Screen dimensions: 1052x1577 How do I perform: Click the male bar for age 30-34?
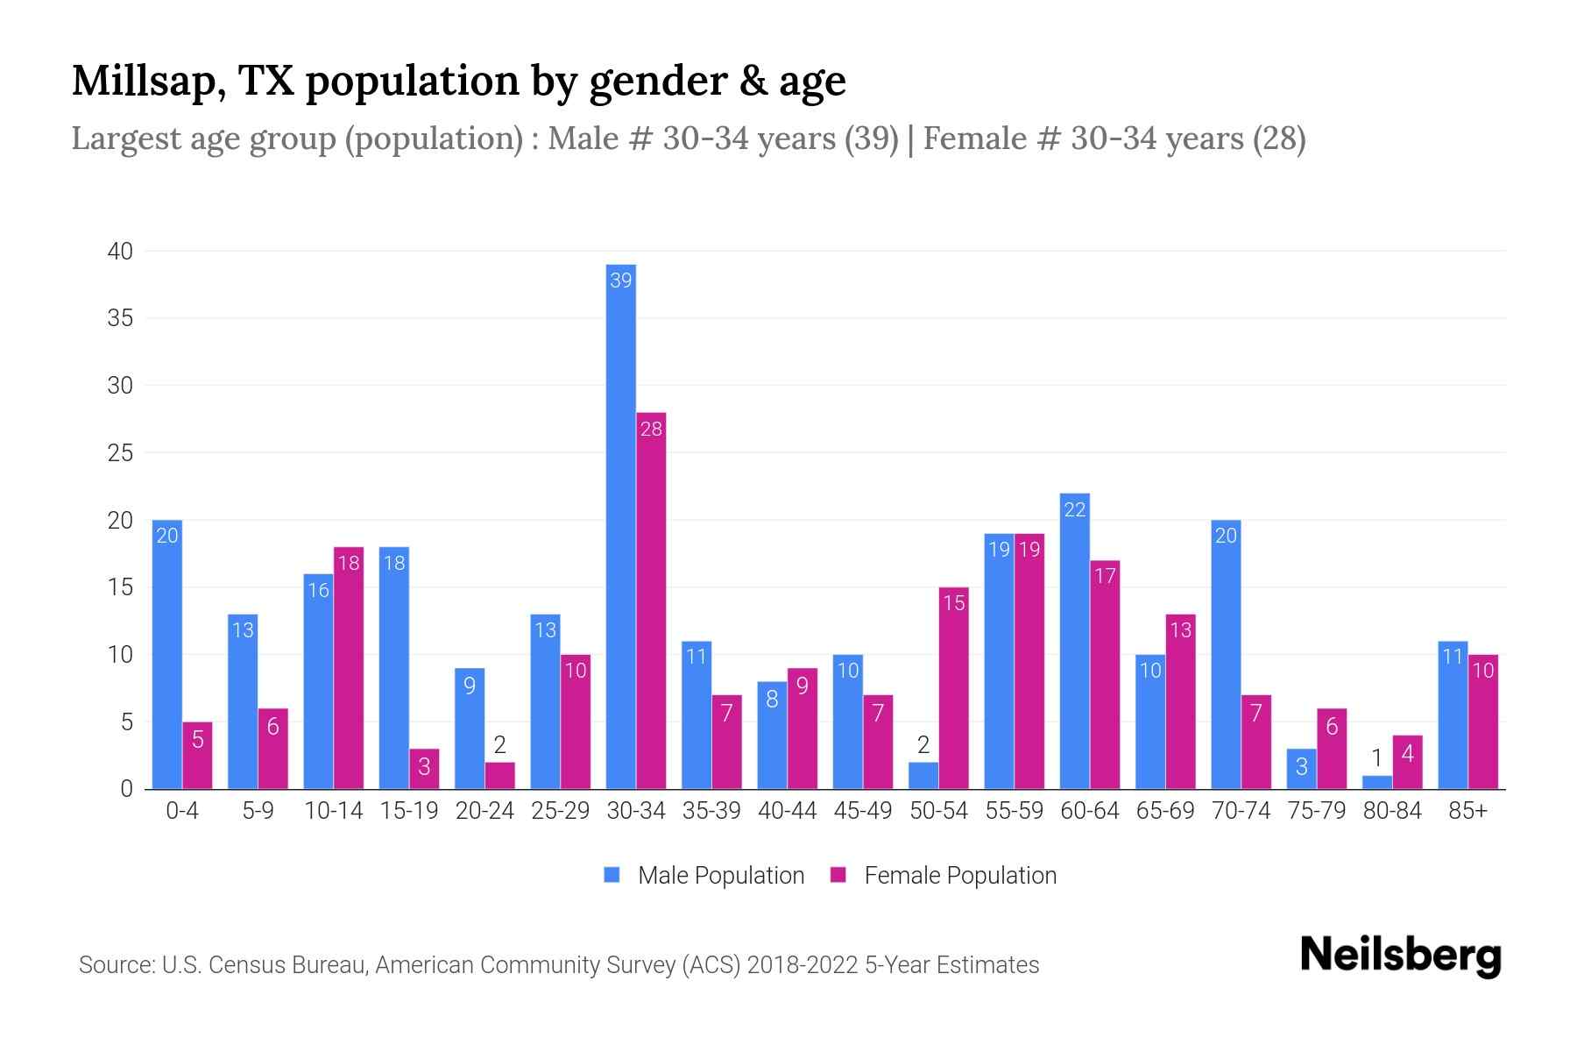coord(620,526)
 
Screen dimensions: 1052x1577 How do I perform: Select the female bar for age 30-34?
coord(651,601)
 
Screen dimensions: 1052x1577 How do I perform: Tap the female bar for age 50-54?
coord(953,688)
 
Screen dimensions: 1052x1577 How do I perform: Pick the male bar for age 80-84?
coord(1376,782)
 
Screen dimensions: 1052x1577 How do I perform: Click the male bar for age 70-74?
coord(1226,654)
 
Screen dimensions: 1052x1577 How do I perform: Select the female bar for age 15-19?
coord(424,769)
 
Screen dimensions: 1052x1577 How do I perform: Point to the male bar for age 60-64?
coord(1074,641)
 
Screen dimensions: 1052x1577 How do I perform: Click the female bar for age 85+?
coord(1482,721)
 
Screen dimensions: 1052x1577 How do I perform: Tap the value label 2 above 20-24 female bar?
coord(499,745)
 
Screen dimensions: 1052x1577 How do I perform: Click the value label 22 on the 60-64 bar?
coord(1074,509)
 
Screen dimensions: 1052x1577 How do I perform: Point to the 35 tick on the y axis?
coord(120,318)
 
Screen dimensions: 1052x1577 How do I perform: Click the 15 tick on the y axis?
coord(120,587)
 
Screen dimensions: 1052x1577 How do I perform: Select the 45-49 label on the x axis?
coord(862,811)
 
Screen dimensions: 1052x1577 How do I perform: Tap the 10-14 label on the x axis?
coord(333,811)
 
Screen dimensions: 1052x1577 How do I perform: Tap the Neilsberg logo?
coord(1400,956)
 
